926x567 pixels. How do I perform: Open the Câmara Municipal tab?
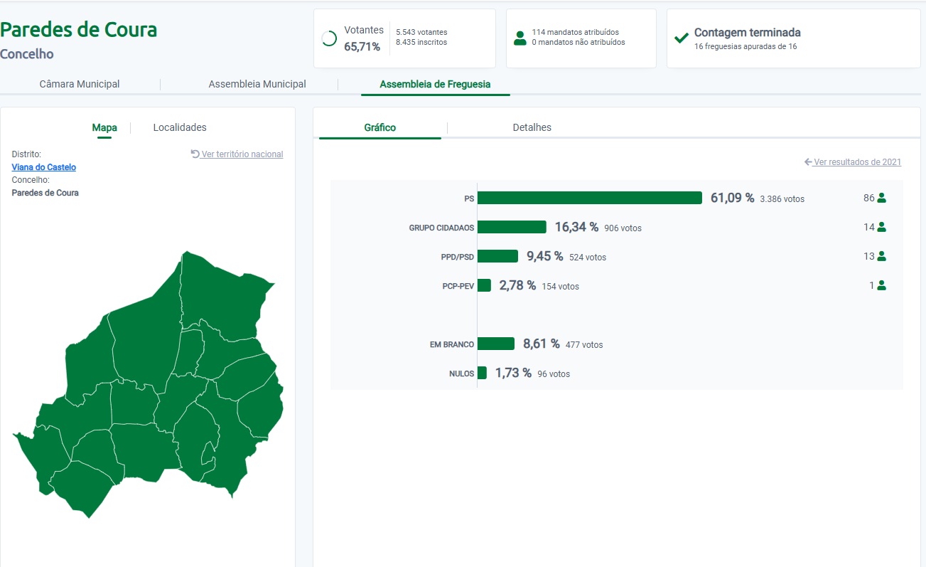tap(80, 84)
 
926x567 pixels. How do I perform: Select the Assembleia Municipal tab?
tap(257, 84)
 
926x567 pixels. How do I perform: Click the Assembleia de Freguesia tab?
tap(435, 84)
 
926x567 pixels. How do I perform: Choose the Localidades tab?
tap(180, 127)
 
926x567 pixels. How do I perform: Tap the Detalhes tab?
tap(532, 127)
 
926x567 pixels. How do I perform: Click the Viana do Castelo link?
tap(44, 167)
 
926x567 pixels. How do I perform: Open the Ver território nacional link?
tap(237, 154)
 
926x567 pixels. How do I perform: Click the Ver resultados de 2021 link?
tap(853, 161)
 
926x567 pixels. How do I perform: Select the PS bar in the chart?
tap(589, 198)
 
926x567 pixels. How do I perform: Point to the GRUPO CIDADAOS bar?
tap(512, 227)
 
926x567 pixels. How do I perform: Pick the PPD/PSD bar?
tap(497, 256)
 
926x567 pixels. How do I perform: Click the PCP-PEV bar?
tap(484, 285)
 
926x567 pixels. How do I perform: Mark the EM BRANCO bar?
tap(496, 344)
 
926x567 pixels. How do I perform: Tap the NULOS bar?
tap(482, 373)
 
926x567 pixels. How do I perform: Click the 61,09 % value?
tap(732, 198)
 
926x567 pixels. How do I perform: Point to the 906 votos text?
tap(623, 228)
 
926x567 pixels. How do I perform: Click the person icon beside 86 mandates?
tap(882, 198)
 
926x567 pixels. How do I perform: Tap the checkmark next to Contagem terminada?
tap(682, 38)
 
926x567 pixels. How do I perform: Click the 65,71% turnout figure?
tap(362, 47)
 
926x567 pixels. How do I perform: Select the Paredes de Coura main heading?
tap(79, 30)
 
